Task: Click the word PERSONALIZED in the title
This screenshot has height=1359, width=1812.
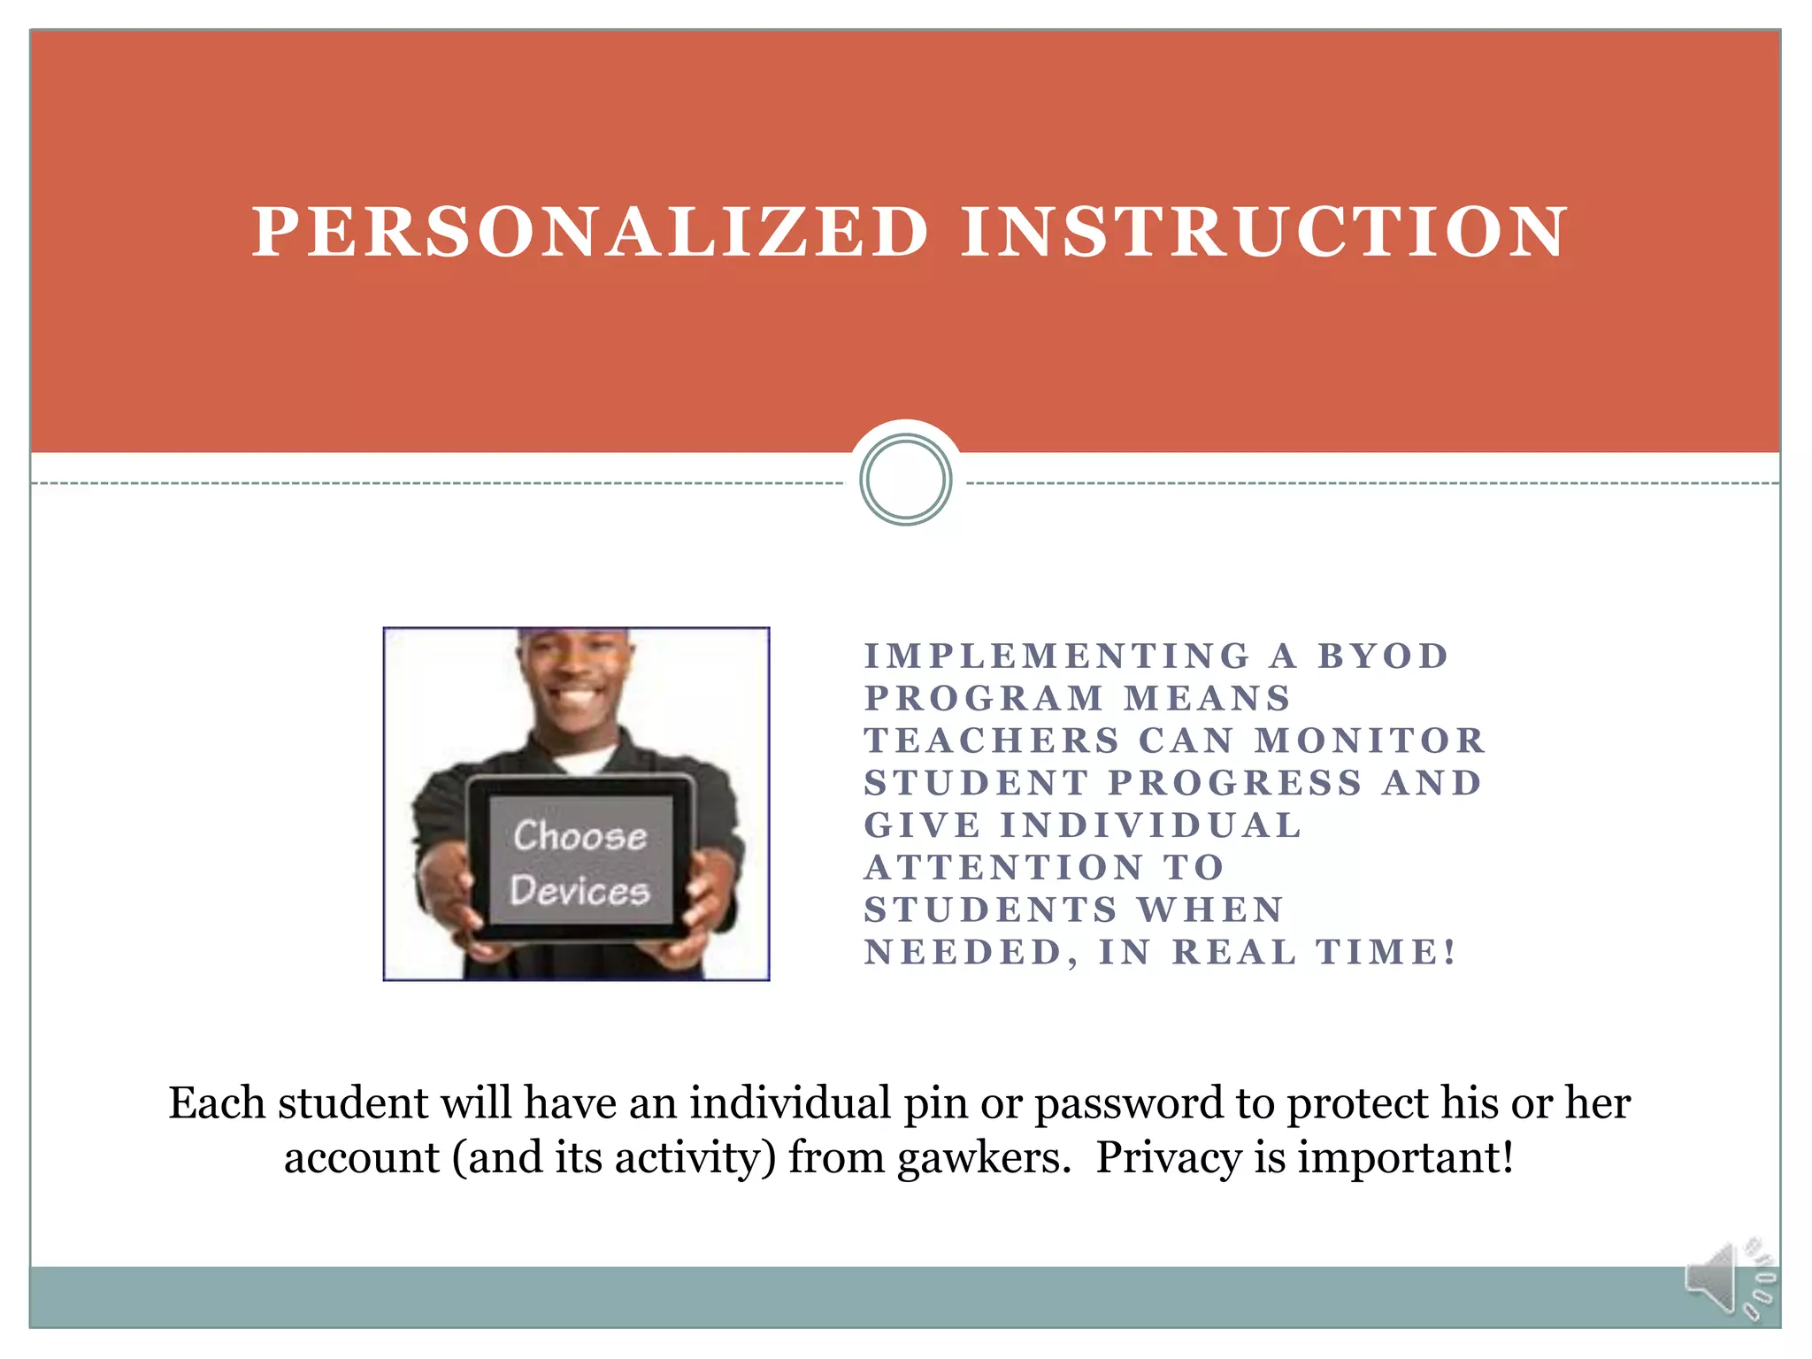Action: tap(590, 233)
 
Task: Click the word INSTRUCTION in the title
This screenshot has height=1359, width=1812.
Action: tap(1264, 233)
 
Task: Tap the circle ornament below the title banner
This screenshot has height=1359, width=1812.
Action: tap(905, 480)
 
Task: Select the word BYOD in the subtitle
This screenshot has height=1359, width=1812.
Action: tap(1383, 656)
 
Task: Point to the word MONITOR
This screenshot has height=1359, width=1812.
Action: tap(1371, 741)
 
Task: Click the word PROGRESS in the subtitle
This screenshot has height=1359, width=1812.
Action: tap(1235, 783)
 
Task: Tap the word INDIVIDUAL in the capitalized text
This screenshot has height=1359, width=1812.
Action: tap(1151, 825)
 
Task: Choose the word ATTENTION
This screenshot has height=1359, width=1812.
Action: tap(1004, 868)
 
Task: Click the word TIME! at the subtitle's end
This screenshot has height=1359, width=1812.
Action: tap(1386, 952)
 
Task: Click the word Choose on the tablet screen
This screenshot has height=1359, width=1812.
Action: tap(580, 836)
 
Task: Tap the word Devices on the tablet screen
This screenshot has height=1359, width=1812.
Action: tap(580, 890)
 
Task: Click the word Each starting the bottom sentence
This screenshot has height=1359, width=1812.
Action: tap(217, 1103)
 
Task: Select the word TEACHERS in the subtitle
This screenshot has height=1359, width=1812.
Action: tap(992, 741)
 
